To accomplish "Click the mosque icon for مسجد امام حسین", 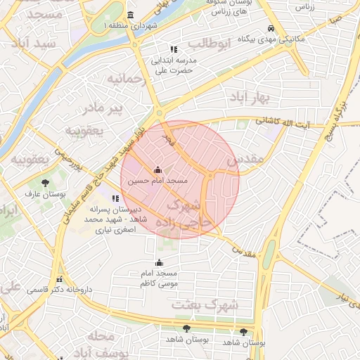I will (x=157, y=169).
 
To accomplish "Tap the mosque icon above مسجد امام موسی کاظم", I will (x=158, y=262).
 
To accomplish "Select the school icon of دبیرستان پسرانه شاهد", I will (x=116, y=198).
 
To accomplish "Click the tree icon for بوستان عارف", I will (x=45, y=183).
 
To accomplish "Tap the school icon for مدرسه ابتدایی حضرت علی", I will (x=173, y=49).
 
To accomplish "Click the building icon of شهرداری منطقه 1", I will (x=130, y=15).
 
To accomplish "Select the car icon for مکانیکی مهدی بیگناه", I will (x=271, y=29).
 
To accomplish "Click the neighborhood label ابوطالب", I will (x=210, y=44).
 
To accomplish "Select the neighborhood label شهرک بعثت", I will (x=214, y=304).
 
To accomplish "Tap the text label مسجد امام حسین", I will (x=157, y=181).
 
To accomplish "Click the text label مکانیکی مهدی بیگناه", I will (x=271, y=39).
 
